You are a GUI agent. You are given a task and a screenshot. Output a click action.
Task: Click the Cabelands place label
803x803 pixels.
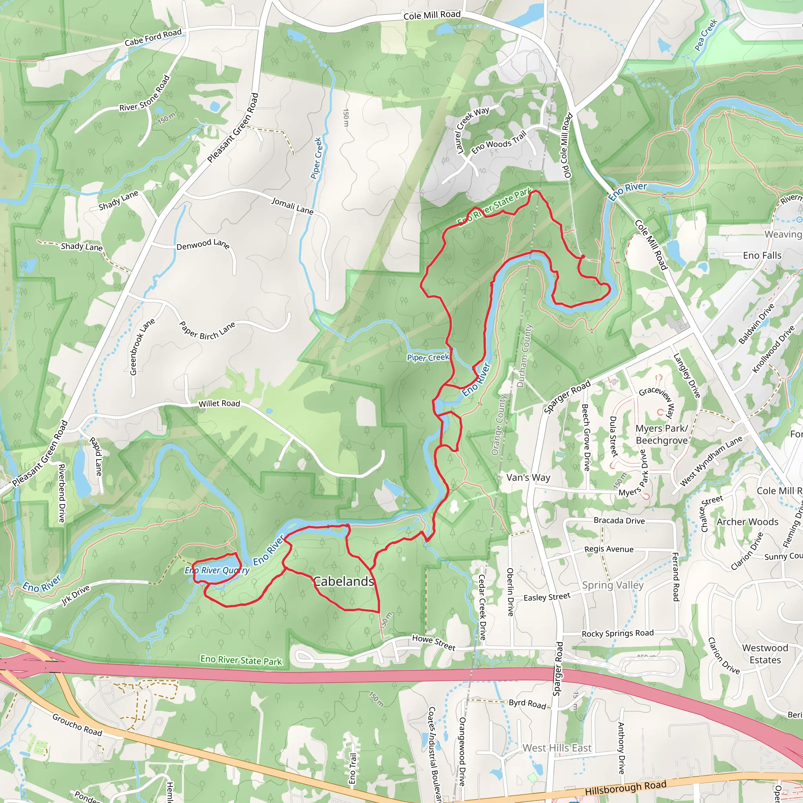pos(343,581)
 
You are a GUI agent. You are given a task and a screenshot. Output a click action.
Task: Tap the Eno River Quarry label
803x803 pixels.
pos(217,570)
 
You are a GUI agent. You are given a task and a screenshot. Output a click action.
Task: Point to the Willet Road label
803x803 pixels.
pos(219,403)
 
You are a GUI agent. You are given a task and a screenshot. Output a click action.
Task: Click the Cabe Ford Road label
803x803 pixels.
pos(153,37)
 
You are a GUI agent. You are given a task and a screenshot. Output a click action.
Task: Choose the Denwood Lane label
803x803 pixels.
pos(203,244)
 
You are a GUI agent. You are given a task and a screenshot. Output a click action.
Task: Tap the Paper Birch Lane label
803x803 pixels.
pos(207,331)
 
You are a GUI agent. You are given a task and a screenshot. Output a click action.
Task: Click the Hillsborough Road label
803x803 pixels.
pos(625,788)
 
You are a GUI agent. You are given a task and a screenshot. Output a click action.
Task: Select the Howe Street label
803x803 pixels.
pos(434,642)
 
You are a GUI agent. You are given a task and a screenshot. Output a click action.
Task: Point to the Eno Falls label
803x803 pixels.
pos(762,256)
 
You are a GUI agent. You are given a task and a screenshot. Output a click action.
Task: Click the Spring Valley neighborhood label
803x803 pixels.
pos(613,585)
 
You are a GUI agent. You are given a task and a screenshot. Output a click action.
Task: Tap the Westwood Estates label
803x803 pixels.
pos(765,654)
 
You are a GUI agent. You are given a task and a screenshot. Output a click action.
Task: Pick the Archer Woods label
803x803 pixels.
pos(747,521)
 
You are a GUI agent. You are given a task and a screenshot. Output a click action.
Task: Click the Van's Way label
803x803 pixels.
pos(528,478)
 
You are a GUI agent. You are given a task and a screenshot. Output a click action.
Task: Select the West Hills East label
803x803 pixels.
pos(557,748)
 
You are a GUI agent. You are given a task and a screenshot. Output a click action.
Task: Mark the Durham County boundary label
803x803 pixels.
pos(524,356)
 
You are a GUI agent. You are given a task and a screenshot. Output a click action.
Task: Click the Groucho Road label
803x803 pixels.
pos(77,725)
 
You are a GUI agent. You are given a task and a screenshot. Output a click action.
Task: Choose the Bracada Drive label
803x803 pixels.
pos(619,521)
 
